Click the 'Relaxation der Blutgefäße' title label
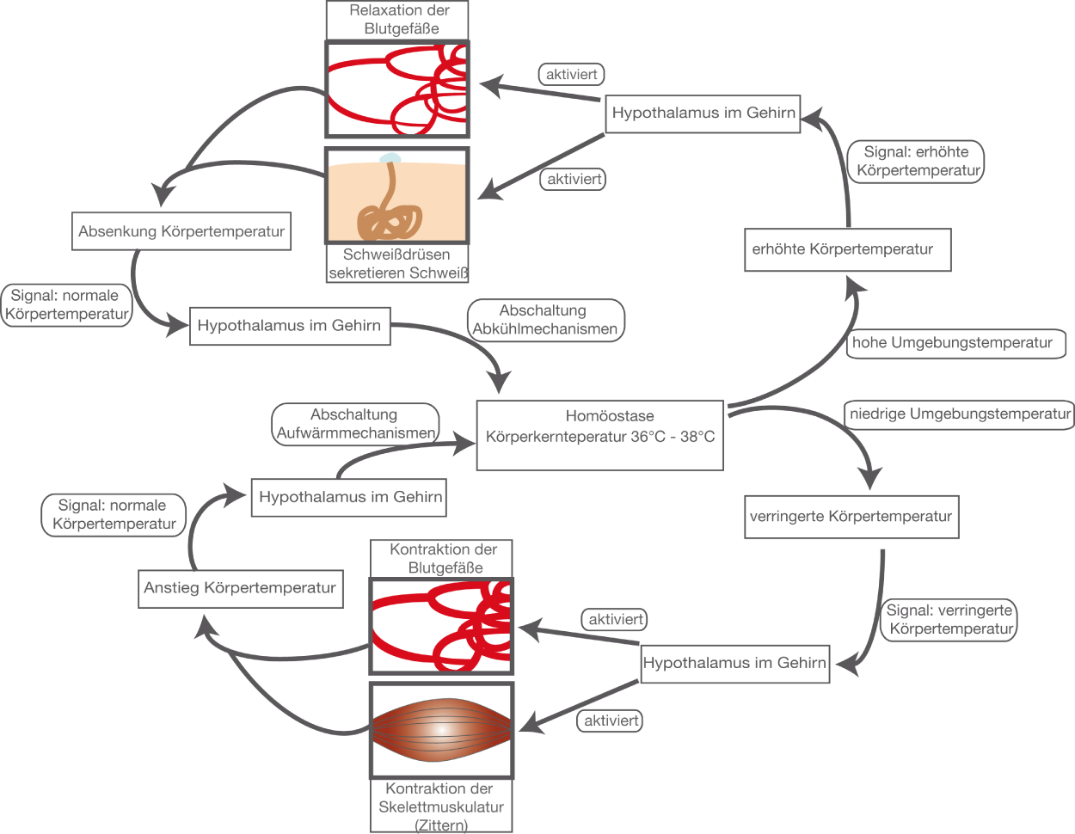(397, 20)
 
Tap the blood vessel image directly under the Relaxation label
(397, 89)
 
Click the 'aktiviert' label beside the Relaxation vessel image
(572, 75)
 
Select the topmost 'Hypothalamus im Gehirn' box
(703, 113)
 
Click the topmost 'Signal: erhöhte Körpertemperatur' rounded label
(917, 161)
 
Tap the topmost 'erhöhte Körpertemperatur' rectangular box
(847, 249)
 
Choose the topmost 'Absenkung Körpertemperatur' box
(181, 232)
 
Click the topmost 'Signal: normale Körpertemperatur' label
(66, 305)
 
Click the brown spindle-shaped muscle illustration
(440, 729)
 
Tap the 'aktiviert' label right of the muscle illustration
(611, 721)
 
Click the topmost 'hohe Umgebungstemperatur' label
(953, 343)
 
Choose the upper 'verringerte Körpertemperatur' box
(851, 517)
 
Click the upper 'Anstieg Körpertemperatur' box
(239, 589)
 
